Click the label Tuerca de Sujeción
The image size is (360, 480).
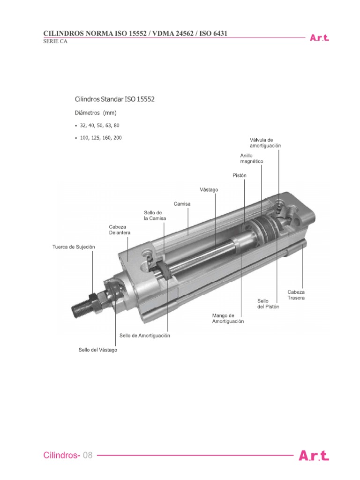tap(74, 247)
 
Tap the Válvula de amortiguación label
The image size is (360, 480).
tap(265, 143)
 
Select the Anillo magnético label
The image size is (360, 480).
tap(251, 158)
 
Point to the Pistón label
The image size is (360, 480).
tap(240, 176)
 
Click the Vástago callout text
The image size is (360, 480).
tap(209, 190)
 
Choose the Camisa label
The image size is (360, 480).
tap(182, 204)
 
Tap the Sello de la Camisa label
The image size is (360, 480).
tap(155, 216)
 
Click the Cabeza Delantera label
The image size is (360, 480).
tap(120, 230)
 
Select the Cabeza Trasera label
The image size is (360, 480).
tap(296, 295)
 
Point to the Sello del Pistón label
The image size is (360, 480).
tap(268, 304)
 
